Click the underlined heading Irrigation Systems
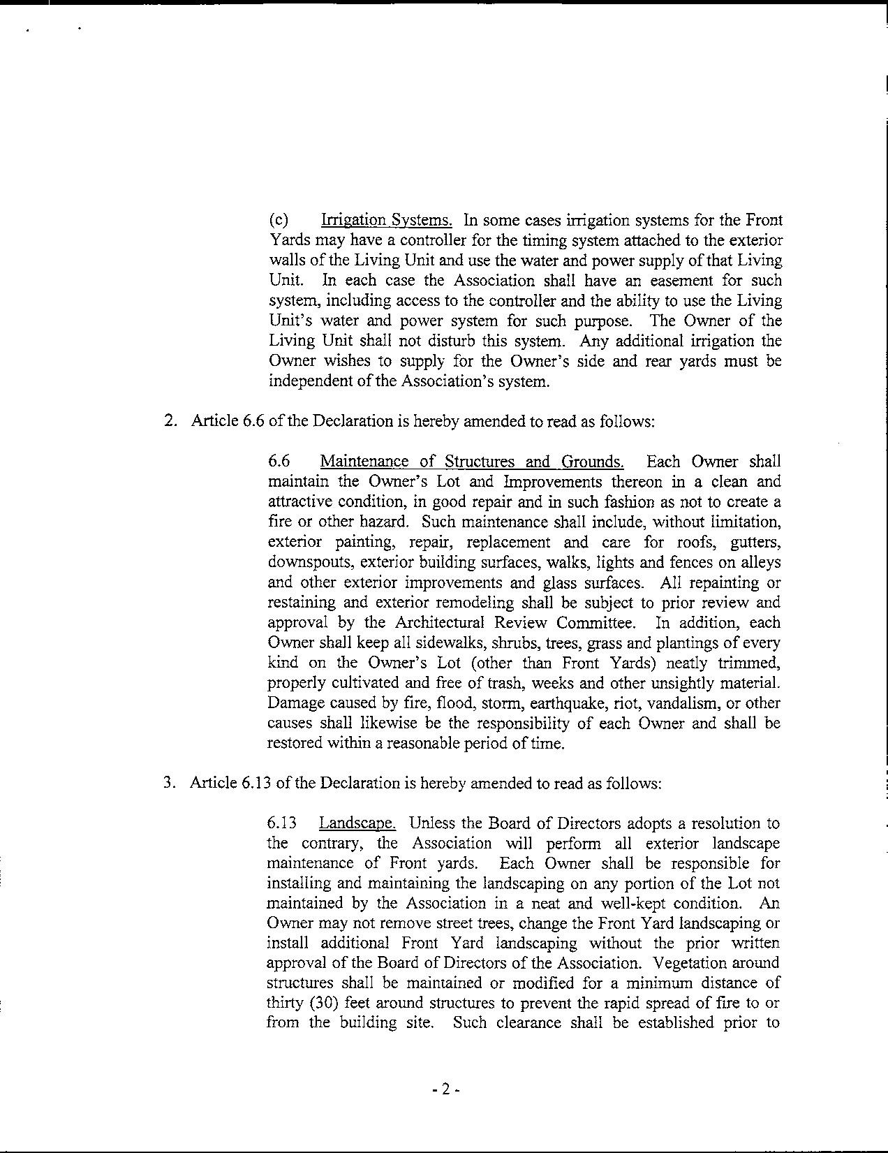click(386, 221)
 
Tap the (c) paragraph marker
click(279, 221)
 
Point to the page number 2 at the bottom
click(445, 1089)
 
